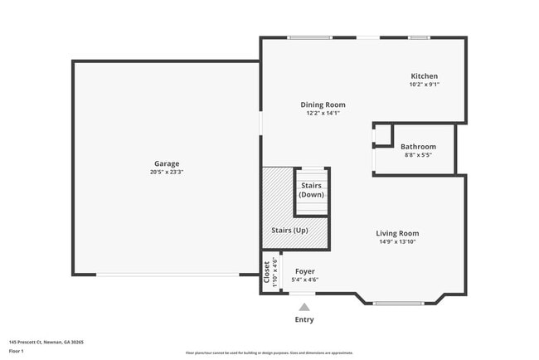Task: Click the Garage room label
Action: pyautogui.click(x=166, y=163)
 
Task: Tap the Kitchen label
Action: pyautogui.click(x=424, y=76)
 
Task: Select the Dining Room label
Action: pyautogui.click(x=323, y=105)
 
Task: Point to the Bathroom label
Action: pyautogui.click(x=418, y=147)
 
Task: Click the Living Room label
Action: pyautogui.click(x=398, y=233)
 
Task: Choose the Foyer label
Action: pyautogui.click(x=305, y=271)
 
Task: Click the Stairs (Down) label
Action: pyautogui.click(x=312, y=189)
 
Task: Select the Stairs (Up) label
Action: pyautogui.click(x=290, y=230)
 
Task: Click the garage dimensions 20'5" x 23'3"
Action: pyautogui.click(x=166, y=173)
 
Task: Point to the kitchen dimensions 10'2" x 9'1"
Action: pyautogui.click(x=424, y=85)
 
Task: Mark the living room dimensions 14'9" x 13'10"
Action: pyautogui.click(x=398, y=241)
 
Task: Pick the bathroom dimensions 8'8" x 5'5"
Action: pyautogui.click(x=418, y=155)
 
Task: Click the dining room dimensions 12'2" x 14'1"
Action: pyautogui.click(x=323, y=113)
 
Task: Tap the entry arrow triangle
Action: pyautogui.click(x=304, y=307)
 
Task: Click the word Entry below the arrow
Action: pyautogui.click(x=304, y=319)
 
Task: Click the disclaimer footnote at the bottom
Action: pyautogui.click(x=269, y=353)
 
